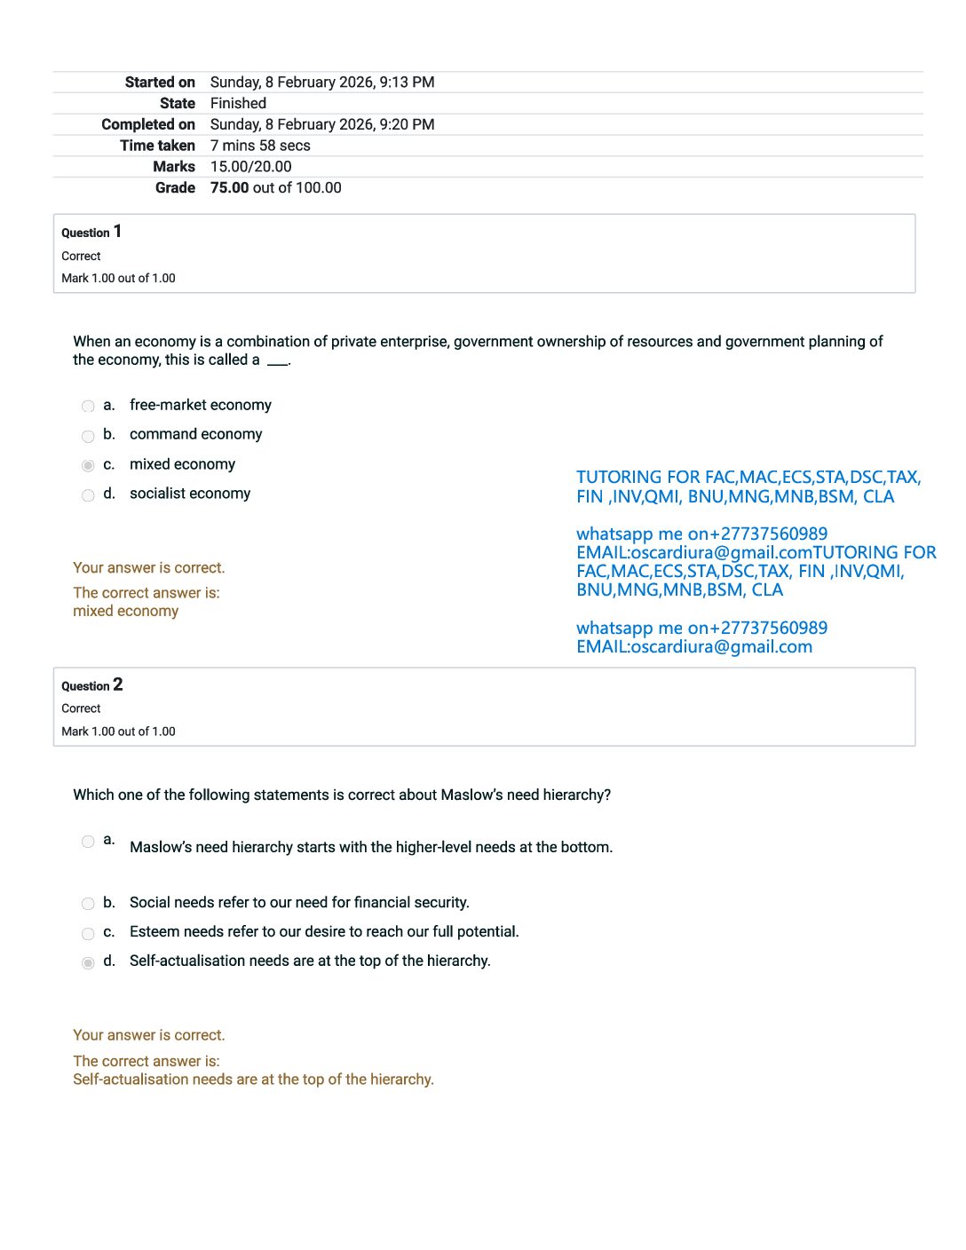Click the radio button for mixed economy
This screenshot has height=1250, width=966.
pos(88,465)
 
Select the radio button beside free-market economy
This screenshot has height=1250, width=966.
pos(88,407)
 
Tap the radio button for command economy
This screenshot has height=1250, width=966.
pos(88,436)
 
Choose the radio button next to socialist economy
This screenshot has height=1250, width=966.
pos(88,495)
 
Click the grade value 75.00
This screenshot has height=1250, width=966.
pos(229,188)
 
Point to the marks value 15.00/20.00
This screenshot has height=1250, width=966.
pos(250,167)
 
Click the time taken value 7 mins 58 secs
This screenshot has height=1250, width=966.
pos(260,146)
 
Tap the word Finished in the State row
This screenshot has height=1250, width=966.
pos(238,104)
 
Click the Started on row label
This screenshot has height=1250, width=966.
pos(160,83)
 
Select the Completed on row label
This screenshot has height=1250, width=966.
pos(148,125)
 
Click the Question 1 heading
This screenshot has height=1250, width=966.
pos(91,233)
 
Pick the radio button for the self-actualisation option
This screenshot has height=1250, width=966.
pos(88,962)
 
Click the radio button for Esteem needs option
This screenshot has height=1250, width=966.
pos(88,933)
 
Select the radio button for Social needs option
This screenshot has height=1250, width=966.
pos(88,904)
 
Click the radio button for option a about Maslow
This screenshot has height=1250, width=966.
pos(88,841)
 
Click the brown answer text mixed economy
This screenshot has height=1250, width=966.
pos(125,612)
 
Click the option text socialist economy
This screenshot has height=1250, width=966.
pos(190,494)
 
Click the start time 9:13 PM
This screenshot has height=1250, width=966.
pos(407,83)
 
